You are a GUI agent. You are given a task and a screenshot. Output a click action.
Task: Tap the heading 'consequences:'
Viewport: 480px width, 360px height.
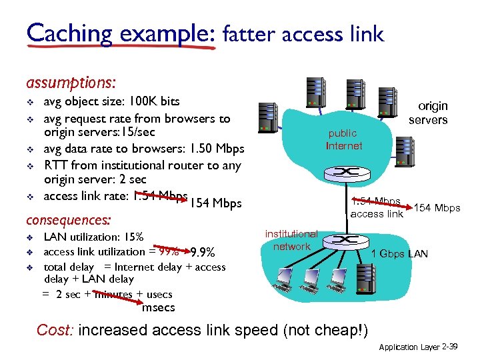coord(67,219)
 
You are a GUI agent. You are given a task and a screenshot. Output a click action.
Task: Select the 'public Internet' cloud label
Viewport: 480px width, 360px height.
coord(343,139)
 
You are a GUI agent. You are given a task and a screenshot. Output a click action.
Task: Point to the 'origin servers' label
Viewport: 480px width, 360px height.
coord(428,113)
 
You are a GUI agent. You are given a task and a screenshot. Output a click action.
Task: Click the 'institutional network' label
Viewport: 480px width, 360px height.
coord(291,240)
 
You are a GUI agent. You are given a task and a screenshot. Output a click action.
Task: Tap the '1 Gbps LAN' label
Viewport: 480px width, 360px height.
coord(399,253)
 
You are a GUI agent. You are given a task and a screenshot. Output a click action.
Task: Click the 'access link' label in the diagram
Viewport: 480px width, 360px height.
coord(377,213)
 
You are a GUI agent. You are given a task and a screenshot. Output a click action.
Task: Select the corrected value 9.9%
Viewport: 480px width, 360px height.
coord(202,253)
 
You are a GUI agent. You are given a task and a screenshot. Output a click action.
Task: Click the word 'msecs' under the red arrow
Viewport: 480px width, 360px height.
coord(159,307)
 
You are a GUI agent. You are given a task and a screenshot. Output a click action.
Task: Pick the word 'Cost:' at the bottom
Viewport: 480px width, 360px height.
coord(55,330)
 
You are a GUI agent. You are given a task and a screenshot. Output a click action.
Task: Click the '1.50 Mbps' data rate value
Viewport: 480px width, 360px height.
coord(217,149)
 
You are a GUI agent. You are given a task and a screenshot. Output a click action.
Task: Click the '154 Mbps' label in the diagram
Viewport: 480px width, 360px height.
coord(437,208)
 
